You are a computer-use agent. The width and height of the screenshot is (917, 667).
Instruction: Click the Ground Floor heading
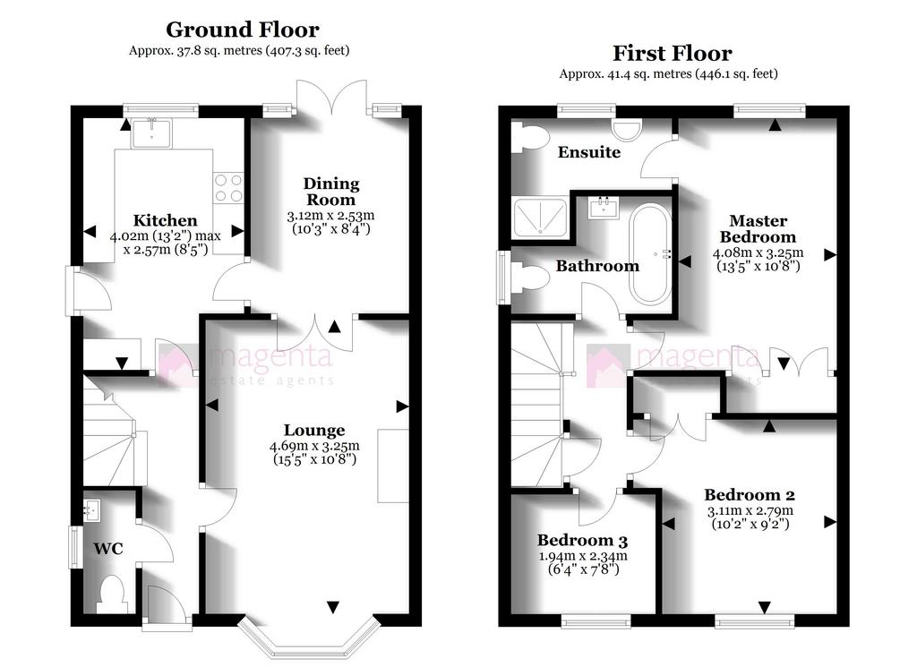tap(242, 30)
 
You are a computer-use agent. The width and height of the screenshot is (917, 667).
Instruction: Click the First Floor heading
tap(672, 53)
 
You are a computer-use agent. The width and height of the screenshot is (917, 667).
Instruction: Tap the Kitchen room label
tap(165, 220)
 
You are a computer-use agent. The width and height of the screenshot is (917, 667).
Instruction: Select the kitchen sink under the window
tap(151, 133)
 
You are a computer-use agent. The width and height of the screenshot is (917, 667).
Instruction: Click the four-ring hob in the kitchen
tap(228, 188)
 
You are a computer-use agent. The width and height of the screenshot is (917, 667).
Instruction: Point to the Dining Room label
tap(331, 192)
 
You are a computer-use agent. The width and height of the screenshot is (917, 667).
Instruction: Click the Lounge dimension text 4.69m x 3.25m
tap(314, 446)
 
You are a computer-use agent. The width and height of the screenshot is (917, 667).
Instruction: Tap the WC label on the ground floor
tap(108, 548)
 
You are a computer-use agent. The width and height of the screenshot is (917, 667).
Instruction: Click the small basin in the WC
tap(92, 510)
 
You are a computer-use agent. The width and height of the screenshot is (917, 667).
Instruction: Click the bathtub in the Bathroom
tap(650, 253)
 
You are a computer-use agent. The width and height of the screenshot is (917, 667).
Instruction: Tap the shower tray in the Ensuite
tap(540, 218)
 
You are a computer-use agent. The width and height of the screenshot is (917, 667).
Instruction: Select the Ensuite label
tap(589, 152)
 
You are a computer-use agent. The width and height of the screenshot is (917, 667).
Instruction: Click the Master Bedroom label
tap(758, 228)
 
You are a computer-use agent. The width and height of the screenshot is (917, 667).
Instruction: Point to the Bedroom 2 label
tap(750, 495)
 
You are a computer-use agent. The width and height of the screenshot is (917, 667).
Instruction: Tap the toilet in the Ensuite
tap(529, 137)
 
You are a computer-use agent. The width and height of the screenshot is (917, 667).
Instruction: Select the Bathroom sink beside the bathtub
tap(604, 208)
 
